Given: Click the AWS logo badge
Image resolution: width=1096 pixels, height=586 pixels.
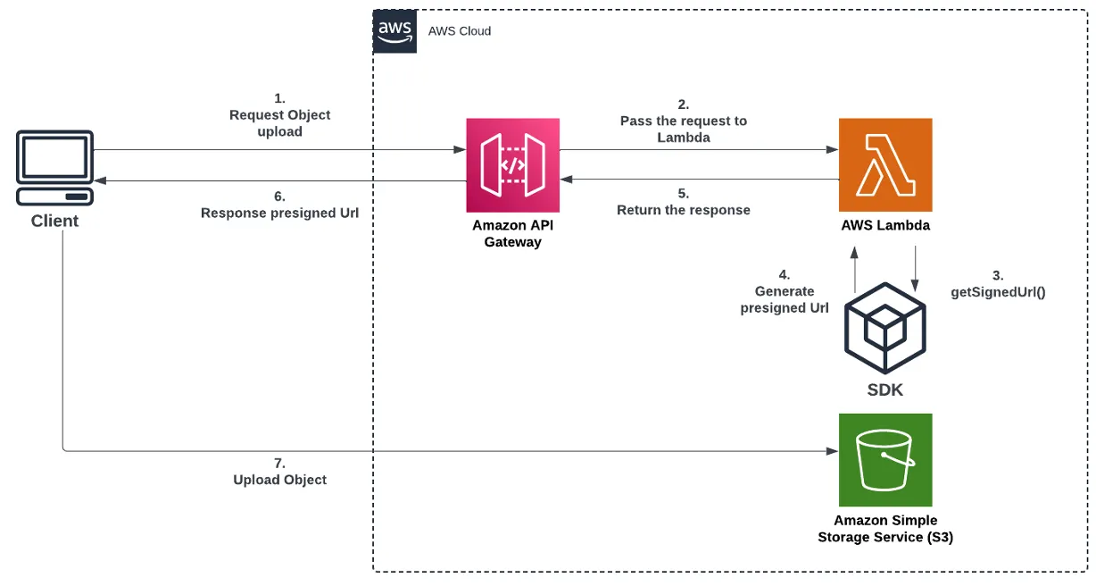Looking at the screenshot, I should pos(394,31).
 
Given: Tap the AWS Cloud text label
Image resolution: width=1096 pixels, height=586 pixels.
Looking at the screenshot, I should pos(460,31).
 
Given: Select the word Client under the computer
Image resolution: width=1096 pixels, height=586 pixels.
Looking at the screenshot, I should pos(55,221).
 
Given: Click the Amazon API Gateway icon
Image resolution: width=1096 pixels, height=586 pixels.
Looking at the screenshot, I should pos(512,163).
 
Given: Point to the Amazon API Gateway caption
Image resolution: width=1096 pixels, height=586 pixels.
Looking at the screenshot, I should pos(512,233).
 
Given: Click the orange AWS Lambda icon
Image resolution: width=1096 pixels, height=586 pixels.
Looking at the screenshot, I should pos(885,164).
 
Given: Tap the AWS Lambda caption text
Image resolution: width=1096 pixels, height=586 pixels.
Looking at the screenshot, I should pos(885,225).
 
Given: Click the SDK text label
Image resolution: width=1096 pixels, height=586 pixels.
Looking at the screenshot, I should pos(885,389).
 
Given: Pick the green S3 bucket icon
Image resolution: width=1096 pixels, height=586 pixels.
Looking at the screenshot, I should pos(885,459).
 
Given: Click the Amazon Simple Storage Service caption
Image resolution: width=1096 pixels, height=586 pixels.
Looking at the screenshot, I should pos(885,528).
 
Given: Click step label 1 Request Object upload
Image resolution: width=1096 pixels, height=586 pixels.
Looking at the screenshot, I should pos(279,115).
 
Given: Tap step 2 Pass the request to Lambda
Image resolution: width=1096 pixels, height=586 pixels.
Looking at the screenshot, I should pos(684,121).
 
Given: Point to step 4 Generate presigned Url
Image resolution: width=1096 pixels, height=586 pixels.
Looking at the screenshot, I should pos(785,292).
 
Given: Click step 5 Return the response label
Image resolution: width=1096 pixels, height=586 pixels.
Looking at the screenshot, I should pos(684,202).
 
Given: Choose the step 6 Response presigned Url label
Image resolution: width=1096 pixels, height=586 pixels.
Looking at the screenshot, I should pos(279,205).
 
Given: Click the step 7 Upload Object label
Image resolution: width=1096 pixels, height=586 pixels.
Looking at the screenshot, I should pos(279,472).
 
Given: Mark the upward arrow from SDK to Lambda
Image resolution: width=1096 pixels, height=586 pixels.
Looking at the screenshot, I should pos(855,269).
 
